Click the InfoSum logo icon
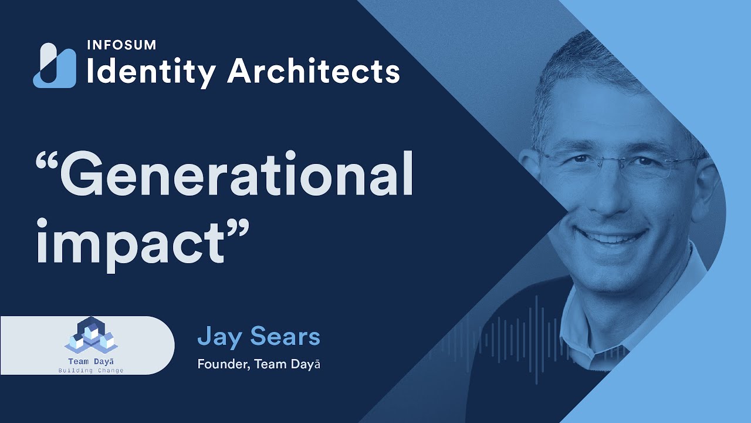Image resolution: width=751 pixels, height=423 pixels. tap(55, 66)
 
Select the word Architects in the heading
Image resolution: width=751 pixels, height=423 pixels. tap(313, 72)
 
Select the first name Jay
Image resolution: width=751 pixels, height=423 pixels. tap(219, 337)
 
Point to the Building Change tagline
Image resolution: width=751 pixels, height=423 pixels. tap(91, 371)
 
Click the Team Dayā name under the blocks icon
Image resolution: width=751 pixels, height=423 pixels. tap(91, 361)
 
